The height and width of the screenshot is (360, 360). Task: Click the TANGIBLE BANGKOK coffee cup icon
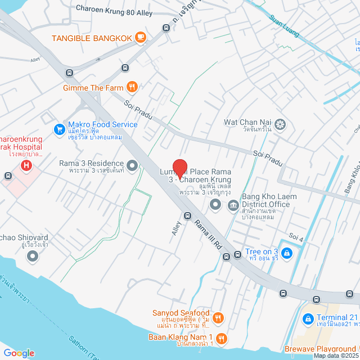(140, 38)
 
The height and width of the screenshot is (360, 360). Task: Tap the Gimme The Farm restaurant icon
(132, 87)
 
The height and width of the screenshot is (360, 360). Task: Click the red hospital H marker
(25, 165)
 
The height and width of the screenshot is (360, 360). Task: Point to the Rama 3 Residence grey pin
(132, 165)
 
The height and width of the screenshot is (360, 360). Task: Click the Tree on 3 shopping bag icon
(287, 253)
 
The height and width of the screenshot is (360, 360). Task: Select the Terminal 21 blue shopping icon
(308, 319)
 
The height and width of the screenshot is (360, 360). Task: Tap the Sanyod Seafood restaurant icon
(219, 317)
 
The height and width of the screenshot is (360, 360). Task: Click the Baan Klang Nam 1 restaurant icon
(222, 338)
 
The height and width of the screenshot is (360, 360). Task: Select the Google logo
(19, 353)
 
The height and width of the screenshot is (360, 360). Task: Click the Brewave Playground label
(323, 349)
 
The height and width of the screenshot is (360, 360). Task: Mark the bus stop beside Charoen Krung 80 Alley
(166, 28)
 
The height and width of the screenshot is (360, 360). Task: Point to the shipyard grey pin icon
(33, 256)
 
